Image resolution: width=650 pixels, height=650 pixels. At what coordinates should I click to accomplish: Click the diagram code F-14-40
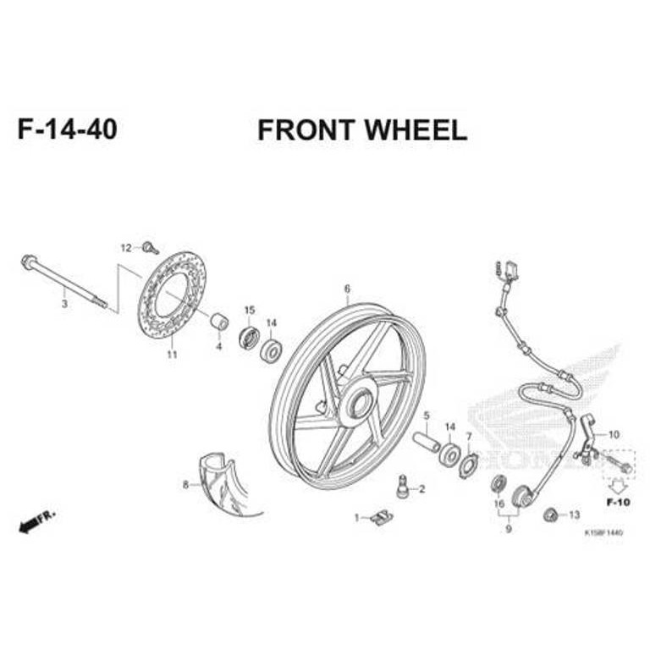67,129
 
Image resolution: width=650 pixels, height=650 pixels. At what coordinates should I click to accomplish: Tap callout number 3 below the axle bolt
64,302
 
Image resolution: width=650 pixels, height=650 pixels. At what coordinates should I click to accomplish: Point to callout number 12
126,248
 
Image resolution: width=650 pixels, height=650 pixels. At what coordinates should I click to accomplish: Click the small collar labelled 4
219,322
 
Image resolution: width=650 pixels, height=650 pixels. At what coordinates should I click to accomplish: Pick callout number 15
250,310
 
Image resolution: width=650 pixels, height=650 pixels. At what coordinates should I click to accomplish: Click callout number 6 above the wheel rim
346,289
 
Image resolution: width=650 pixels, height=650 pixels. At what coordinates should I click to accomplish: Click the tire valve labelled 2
403,485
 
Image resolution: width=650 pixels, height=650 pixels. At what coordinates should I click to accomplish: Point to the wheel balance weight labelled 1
382,515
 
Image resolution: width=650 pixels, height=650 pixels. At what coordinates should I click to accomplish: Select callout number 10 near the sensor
614,434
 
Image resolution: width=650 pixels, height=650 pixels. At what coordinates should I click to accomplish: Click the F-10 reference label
619,502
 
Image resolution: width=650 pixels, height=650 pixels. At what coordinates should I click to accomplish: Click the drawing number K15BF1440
603,532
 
